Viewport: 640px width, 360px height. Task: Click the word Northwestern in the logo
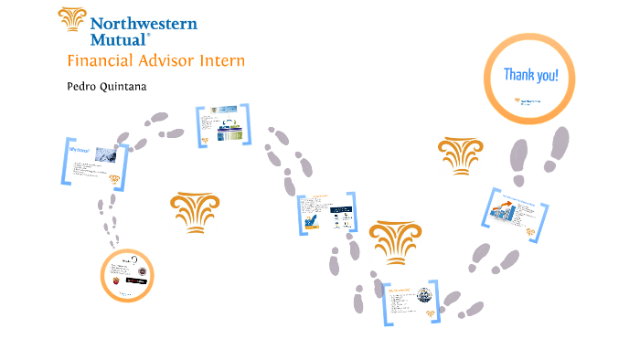pyautogui.click(x=144, y=21)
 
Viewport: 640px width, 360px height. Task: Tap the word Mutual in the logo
pyautogui.click(x=118, y=39)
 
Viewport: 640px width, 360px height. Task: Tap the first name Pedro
pyautogui.click(x=87, y=88)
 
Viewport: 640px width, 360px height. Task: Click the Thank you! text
pyautogui.click(x=530, y=76)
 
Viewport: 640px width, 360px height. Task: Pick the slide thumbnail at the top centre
pyautogui.click(x=222, y=125)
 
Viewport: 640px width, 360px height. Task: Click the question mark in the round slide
pyautogui.click(x=134, y=261)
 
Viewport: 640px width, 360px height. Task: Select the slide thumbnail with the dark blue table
pyautogui.click(x=326, y=217)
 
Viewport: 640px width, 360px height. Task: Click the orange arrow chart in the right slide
pyautogui.click(x=502, y=214)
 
